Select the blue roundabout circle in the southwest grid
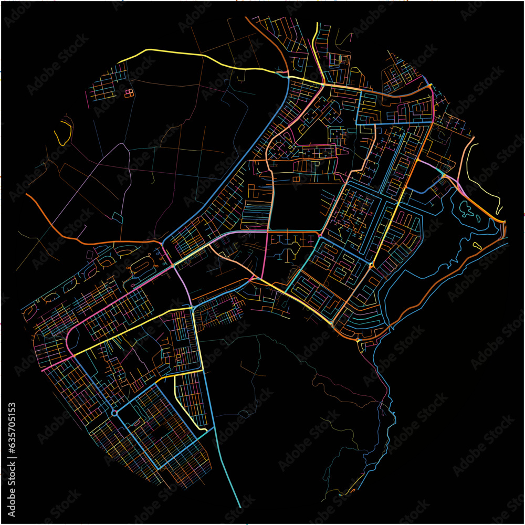tap(114, 413)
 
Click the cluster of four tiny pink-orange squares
tap(129, 93)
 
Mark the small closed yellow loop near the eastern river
tap(477, 245)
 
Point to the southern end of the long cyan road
tap(240, 507)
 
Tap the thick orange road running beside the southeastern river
tap(430, 294)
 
